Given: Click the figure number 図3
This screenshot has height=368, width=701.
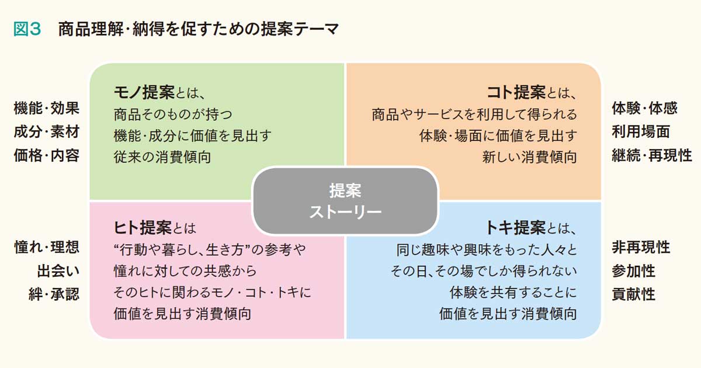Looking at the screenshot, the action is (27, 29).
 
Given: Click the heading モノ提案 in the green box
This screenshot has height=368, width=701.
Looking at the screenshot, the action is (144, 93).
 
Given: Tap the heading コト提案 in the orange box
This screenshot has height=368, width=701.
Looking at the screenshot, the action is (516, 93).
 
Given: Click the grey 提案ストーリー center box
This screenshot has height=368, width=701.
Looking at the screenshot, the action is (345, 201).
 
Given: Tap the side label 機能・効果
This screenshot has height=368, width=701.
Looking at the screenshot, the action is (47, 108).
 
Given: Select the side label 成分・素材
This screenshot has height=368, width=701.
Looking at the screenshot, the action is (47, 132).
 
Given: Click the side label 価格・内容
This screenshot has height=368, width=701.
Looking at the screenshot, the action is (47, 155).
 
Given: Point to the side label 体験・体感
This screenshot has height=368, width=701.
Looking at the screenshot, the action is (645, 108).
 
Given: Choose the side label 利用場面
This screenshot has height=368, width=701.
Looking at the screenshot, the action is (641, 132).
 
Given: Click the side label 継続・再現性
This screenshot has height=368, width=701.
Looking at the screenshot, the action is (652, 155).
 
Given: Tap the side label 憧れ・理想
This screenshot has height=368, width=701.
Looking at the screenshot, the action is (47, 247).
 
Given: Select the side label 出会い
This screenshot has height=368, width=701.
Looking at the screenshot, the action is (58, 271).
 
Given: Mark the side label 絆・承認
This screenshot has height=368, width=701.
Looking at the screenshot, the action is (54, 294).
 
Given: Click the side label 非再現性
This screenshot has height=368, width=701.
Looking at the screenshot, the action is (641, 247).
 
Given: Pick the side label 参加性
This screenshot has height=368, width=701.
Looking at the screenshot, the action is (634, 271).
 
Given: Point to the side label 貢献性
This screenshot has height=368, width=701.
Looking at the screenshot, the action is (634, 294).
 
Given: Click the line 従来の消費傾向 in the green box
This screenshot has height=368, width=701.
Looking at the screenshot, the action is (162, 157).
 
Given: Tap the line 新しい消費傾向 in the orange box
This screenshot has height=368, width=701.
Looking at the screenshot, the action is (529, 157).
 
